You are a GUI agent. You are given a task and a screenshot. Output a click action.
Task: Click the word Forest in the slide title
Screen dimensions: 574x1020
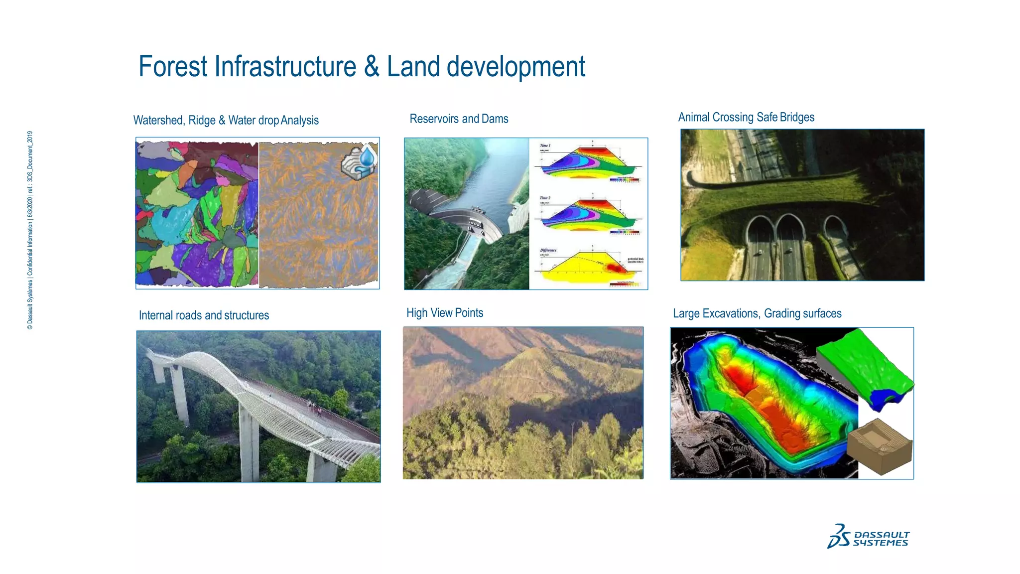pyautogui.click(x=173, y=67)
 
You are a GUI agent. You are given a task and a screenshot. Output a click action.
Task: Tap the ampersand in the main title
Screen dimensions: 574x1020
pyautogui.click(x=372, y=67)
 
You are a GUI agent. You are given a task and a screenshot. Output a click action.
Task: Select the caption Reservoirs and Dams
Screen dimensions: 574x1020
pyautogui.click(x=459, y=119)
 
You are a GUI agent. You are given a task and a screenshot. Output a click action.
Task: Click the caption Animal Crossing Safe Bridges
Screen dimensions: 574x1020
pyautogui.click(x=746, y=118)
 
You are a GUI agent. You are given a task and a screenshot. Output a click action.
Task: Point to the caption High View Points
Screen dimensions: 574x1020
pyautogui.click(x=445, y=313)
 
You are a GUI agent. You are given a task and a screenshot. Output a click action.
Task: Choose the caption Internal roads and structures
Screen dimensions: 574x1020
pyautogui.click(x=204, y=315)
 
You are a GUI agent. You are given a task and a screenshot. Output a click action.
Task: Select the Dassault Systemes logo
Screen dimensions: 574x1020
pyautogui.click(x=868, y=537)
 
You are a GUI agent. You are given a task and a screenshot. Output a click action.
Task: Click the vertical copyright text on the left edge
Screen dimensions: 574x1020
pyautogui.click(x=30, y=230)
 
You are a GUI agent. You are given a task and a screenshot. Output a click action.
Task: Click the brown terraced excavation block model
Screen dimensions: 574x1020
pyautogui.click(x=880, y=446)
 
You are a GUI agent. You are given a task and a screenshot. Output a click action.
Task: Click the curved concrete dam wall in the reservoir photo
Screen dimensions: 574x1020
pyautogui.click(x=463, y=222)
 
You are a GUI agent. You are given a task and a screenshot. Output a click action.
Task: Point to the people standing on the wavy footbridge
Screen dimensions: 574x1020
pyautogui.click(x=313, y=408)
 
